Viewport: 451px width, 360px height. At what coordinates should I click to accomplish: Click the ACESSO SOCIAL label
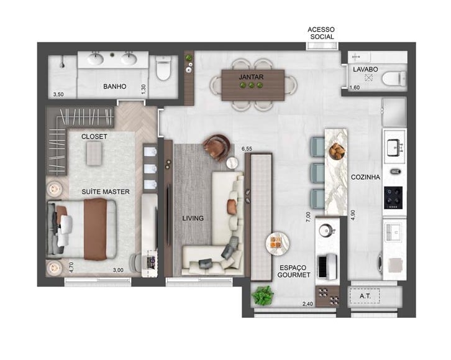point(322,33)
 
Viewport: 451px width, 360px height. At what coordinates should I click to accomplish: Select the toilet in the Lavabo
point(393,79)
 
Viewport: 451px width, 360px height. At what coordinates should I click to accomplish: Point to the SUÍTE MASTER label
point(106,192)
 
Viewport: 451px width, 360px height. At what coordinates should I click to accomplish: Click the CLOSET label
point(94,136)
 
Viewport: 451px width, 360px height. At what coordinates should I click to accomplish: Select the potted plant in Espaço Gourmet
point(263,295)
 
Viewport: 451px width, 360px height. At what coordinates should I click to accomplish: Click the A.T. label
point(366,297)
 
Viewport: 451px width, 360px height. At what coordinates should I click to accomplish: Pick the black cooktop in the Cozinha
point(394,196)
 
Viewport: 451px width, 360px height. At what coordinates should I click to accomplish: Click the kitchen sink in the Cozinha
point(394,147)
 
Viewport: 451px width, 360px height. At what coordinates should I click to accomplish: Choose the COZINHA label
point(365,177)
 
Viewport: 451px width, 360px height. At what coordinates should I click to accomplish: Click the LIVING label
point(193,218)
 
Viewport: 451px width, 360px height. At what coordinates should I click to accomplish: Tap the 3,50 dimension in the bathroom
point(58,95)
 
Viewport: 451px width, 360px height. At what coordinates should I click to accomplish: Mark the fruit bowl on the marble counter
point(336,151)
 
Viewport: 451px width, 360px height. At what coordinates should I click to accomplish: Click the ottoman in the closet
point(94,153)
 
